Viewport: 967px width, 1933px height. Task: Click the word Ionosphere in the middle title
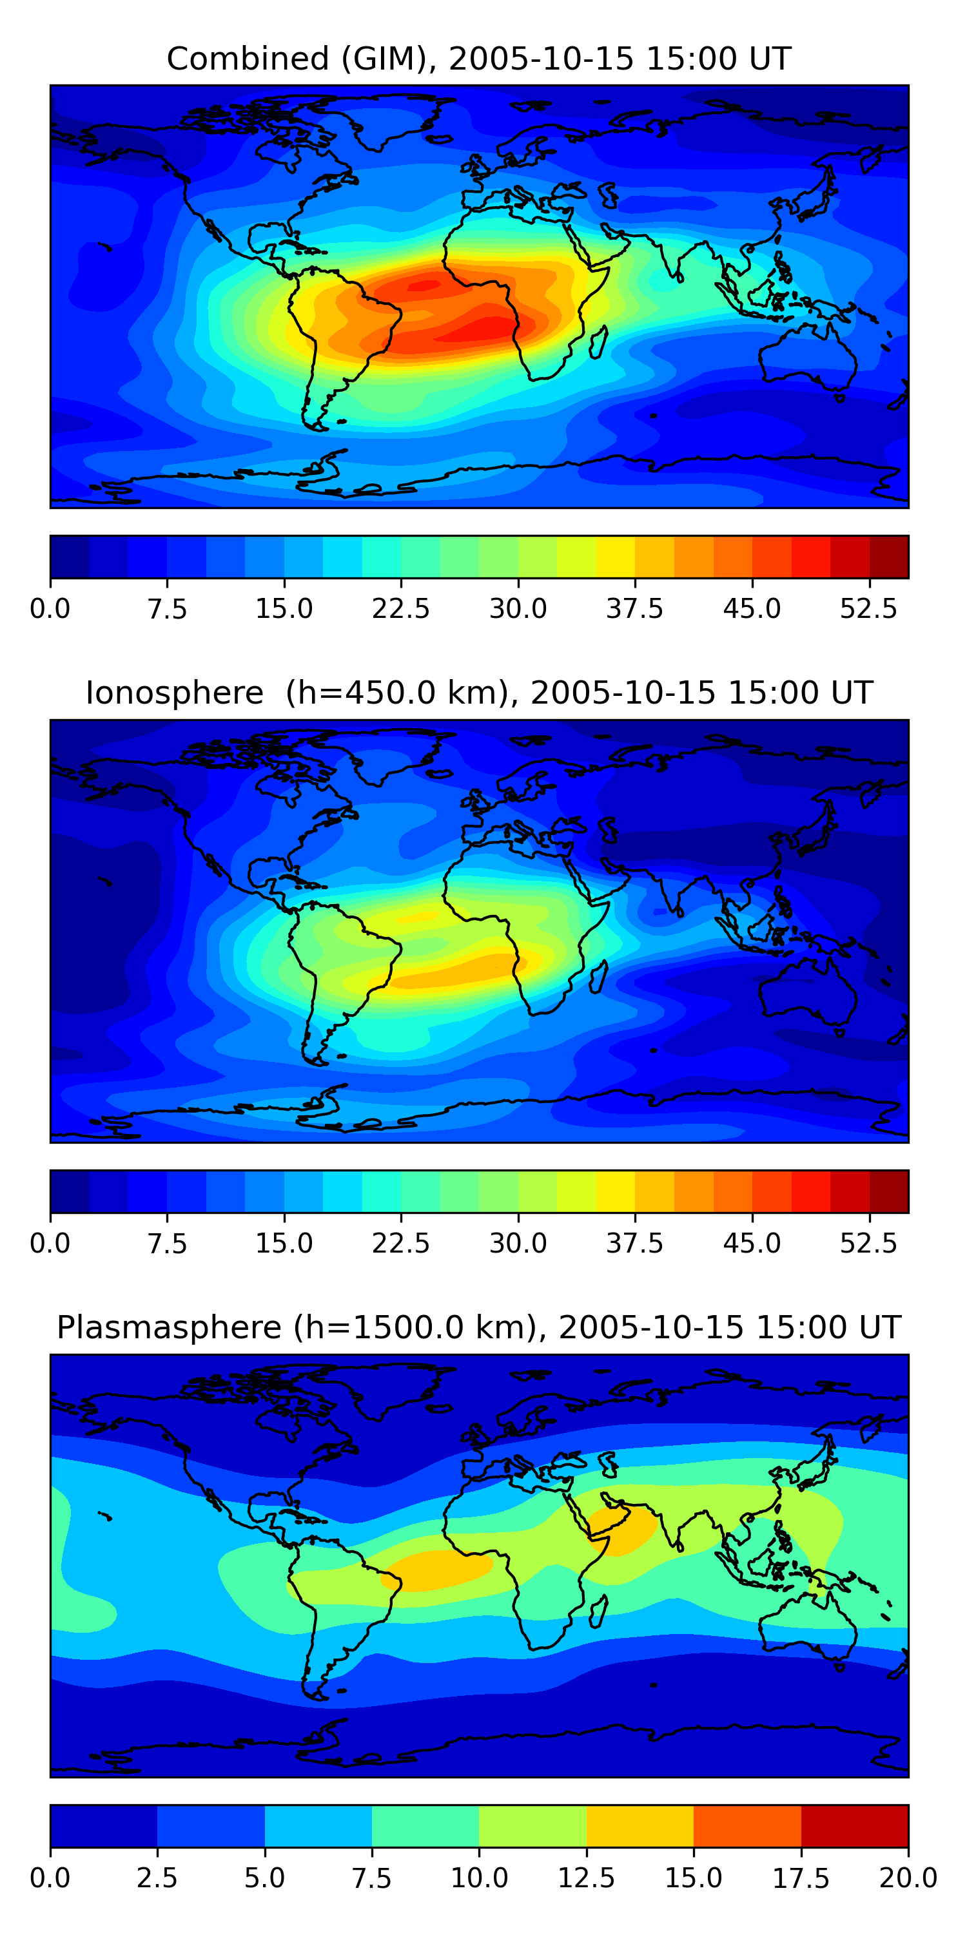coord(174,693)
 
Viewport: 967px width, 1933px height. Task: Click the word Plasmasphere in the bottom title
coord(169,1327)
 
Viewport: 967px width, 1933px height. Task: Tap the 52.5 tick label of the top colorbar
coord(868,608)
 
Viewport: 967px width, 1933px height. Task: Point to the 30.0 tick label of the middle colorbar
coord(518,1244)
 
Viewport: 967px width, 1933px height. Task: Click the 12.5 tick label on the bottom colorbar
coord(587,1878)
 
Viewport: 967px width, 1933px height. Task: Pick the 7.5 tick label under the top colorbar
coord(167,608)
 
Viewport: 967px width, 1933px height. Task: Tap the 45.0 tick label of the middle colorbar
coord(752,1244)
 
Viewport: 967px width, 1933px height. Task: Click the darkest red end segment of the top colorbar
coord(889,557)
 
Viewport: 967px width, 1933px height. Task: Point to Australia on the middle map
coord(807,993)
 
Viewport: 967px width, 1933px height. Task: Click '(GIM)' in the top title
coord(389,59)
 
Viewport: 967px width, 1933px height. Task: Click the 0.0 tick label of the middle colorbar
coord(50,1244)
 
